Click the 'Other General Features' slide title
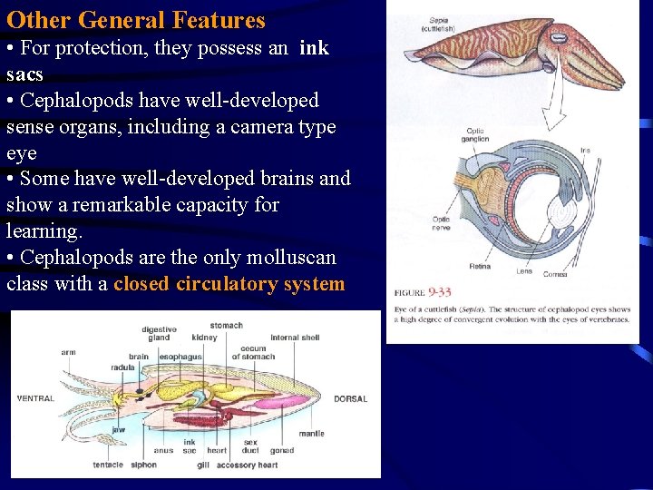136,20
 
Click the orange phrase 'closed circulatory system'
229,284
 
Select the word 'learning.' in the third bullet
44,231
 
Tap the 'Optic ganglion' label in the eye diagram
474,135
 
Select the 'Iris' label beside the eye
585,150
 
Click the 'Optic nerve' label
441,223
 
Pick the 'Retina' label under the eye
481,268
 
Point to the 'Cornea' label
556,273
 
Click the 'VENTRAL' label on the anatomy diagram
35,398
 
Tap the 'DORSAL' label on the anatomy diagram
351,398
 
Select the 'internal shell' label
295,338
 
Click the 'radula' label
123,367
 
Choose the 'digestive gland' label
159,333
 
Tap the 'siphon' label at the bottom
143,465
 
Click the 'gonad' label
282,450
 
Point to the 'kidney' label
204,338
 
